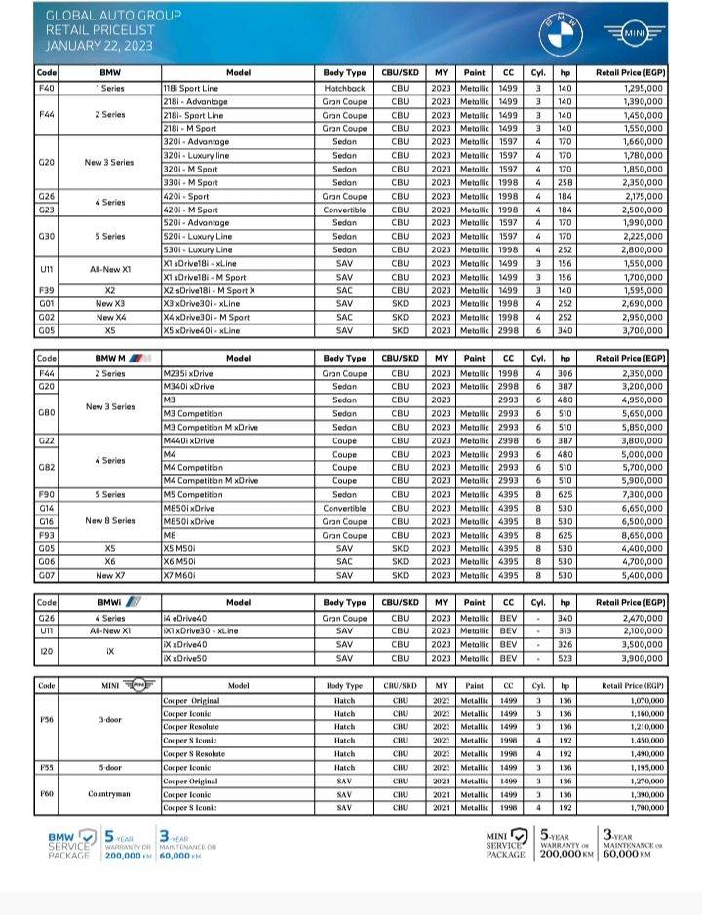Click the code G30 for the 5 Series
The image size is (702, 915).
click(x=46, y=236)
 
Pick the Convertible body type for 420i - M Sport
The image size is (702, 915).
click(x=344, y=210)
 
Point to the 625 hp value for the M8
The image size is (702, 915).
click(x=565, y=535)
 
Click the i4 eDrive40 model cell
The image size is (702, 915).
click(x=188, y=618)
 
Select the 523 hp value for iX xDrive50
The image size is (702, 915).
click(x=565, y=659)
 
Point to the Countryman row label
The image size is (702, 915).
click(x=110, y=793)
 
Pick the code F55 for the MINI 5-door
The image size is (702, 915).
click(x=46, y=767)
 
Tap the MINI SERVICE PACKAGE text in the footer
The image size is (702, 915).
click(x=505, y=845)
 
